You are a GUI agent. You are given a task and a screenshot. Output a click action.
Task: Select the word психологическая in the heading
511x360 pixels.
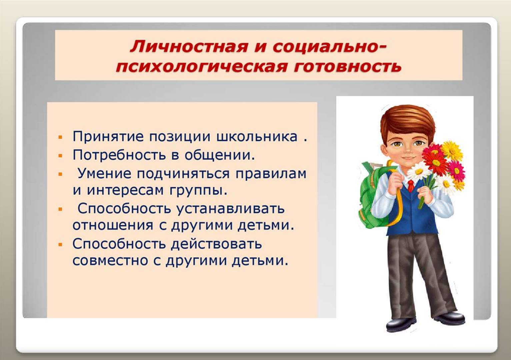click(x=201, y=67)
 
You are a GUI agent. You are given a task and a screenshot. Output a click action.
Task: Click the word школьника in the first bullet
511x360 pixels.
click(x=257, y=136)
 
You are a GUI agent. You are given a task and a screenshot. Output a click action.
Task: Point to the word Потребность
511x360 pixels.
click(x=119, y=155)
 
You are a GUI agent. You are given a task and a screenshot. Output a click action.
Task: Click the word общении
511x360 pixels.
click(x=219, y=155)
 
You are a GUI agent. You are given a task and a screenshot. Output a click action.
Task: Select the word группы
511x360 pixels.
click(x=198, y=191)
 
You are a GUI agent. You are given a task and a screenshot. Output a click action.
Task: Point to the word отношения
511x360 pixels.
click(x=113, y=225)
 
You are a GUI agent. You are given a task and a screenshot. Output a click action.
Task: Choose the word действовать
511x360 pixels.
click(x=216, y=244)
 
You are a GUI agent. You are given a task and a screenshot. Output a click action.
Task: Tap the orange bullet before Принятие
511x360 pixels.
click(x=60, y=137)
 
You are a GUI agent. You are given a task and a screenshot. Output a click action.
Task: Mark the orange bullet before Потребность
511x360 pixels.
click(x=60, y=156)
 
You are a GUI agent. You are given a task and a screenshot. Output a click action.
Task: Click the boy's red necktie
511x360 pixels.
click(x=411, y=185)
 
